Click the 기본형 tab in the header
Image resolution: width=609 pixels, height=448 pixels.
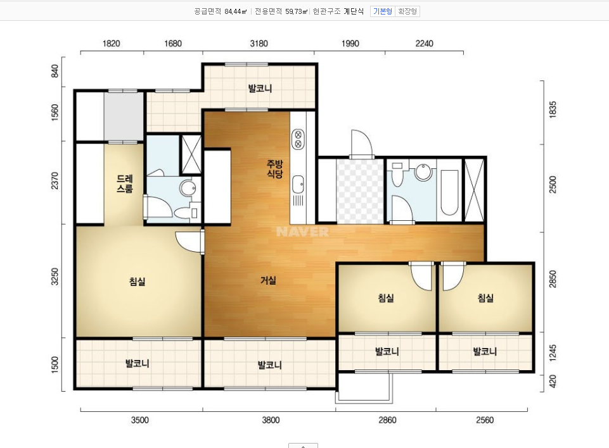click(383, 11)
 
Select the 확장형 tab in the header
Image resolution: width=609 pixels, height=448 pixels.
click(407, 11)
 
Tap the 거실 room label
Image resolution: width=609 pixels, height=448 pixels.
click(269, 280)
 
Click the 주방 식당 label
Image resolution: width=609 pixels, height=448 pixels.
click(275, 169)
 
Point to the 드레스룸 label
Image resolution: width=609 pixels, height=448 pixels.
click(125, 184)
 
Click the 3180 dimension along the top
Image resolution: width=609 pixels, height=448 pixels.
click(259, 44)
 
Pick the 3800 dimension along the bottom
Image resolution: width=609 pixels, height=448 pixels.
click(271, 420)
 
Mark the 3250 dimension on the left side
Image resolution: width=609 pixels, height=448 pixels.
click(54, 277)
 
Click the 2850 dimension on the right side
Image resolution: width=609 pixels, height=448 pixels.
click(553, 279)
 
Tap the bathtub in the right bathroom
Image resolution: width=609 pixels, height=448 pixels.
click(449, 192)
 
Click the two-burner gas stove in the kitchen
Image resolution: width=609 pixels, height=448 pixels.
click(298, 139)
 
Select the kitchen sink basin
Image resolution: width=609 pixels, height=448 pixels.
click(298, 184)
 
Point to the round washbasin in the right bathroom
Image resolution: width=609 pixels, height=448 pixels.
click(423, 171)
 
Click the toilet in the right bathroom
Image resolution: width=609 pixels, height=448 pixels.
click(397, 175)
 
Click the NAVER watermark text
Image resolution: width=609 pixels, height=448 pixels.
click(302, 232)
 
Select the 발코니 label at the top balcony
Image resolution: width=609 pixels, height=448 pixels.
click(260, 89)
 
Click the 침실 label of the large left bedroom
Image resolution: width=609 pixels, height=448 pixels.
click(137, 281)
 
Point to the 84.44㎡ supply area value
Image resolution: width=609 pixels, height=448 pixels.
click(235, 11)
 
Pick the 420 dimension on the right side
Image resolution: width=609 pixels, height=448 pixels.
click(553, 381)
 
